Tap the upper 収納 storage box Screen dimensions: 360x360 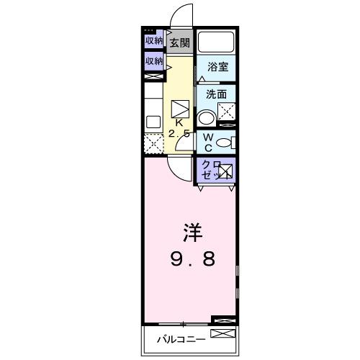[x=153, y=41]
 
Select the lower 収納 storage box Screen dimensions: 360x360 [x=153, y=62]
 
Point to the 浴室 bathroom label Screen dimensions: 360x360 [x=217, y=68]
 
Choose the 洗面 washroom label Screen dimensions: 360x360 [x=216, y=94]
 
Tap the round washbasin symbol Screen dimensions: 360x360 [x=207, y=118]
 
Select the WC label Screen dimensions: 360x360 [x=207, y=141]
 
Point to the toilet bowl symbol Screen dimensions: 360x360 [x=224, y=142]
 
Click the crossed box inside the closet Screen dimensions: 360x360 [x=225, y=171]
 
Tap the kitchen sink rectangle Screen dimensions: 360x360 [x=153, y=122]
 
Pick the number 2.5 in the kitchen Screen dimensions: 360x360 [x=179, y=134]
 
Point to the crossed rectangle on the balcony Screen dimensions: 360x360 [x=223, y=334]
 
